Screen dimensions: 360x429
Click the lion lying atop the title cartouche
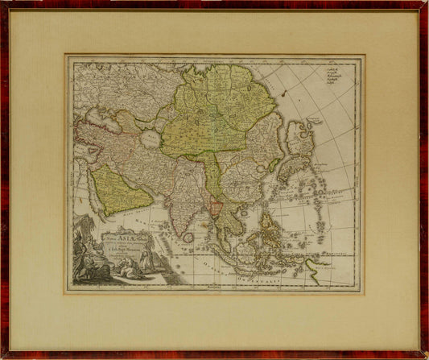105,221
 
